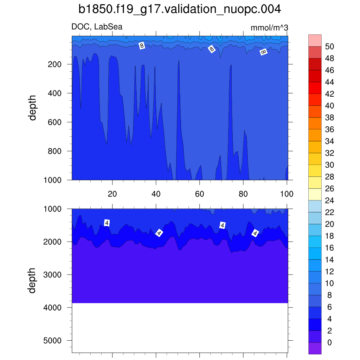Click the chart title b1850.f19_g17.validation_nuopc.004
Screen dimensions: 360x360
tap(180, 9)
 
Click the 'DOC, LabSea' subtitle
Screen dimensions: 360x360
tap(97, 27)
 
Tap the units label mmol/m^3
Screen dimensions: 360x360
tap(269, 28)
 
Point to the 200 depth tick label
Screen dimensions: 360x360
tap(54, 64)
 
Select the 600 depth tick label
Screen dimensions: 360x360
tap(54, 122)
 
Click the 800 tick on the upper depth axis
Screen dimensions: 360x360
tap(54, 151)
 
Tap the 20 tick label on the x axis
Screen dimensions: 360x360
tap(112, 194)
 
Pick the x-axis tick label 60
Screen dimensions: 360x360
tap(199, 194)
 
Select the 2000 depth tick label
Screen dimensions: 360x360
tap(52, 242)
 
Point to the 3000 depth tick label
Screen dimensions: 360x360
tap(52, 275)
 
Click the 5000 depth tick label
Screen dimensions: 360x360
tap(52, 340)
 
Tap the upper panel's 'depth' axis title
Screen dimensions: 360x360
tap(33, 108)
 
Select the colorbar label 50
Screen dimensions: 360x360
tap(329, 46)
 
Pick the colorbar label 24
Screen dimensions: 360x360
tap(329, 200)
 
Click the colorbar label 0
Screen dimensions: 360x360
tap(329, 342)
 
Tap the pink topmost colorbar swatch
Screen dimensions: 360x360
tap(315, 40)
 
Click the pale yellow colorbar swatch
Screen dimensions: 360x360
tap(315, 194)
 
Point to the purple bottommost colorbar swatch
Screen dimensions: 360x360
tap(315, 348)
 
